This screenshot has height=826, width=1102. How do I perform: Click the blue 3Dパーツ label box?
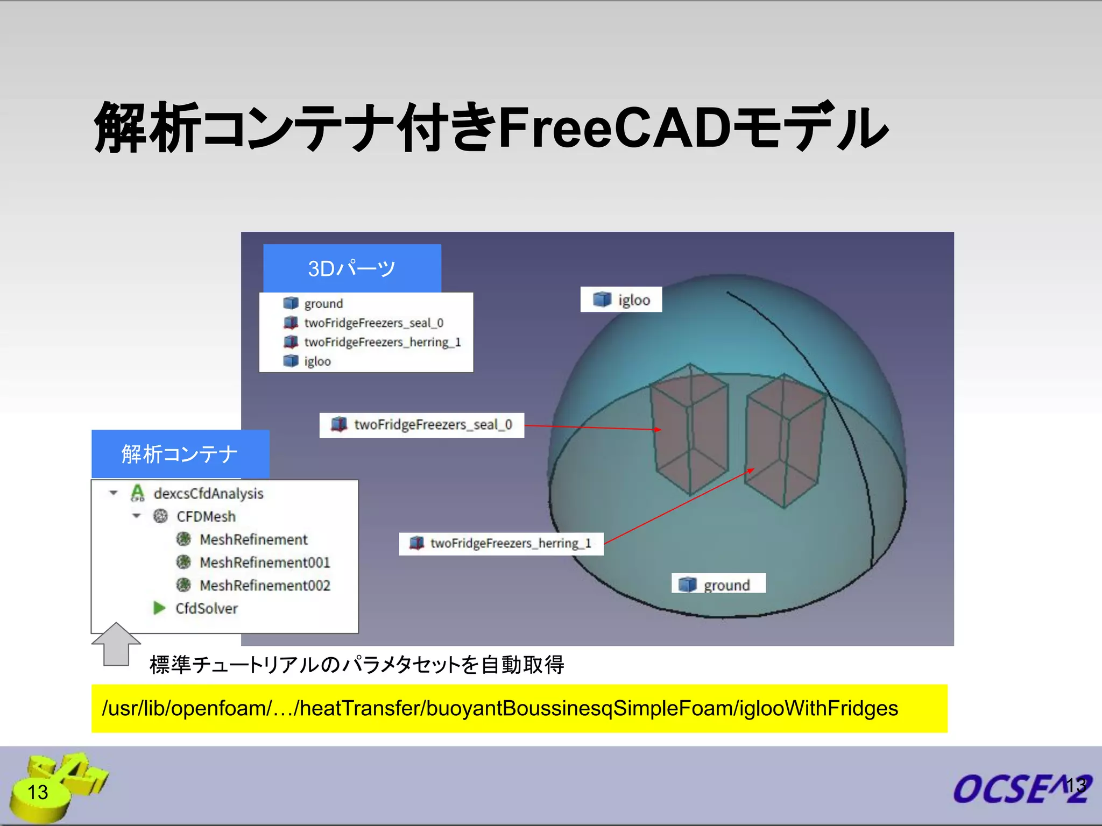[x=352, y=268]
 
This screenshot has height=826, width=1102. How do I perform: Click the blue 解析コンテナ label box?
[x=180, y=454]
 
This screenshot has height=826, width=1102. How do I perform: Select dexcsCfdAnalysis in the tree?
[x=208, y=493]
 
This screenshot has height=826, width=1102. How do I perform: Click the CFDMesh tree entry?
[x=206, y=516]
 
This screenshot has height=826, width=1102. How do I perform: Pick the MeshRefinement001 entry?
[x=264, y=562]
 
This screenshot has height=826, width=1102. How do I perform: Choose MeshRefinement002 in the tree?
[x=264, y=585]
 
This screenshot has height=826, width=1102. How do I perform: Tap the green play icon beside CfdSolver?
[x=159, y=608]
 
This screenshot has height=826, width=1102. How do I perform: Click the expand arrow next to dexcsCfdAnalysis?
[x=114, y=493]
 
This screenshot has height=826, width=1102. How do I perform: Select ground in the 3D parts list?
[x=323, y=303]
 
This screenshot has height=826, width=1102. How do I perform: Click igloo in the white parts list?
[x=317, y=361]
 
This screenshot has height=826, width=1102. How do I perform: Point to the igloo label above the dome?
[x=621, y=300]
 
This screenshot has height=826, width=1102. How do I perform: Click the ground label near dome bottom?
[x=719, y=584]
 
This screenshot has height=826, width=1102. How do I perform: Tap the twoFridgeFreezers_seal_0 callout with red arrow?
[x=422, y=425]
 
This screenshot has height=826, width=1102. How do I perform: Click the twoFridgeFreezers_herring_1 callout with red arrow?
[x=501, y=543]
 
